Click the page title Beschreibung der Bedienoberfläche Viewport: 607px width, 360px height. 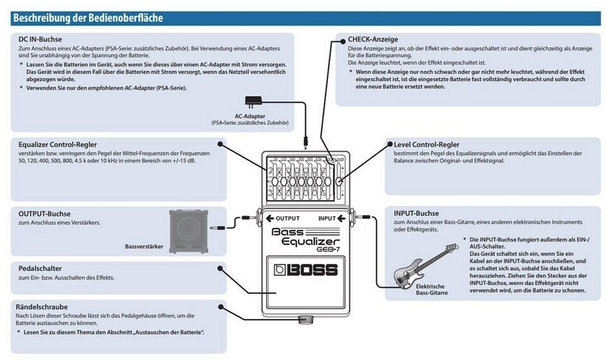(88, 17)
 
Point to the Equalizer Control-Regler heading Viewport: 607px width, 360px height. (58, 145)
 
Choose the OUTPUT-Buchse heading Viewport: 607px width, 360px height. (45, 213)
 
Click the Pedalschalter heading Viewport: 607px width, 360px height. (40, 268)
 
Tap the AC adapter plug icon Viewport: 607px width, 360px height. (253, 102)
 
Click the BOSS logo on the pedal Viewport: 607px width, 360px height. (306, 270)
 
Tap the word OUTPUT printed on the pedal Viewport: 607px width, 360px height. (287, 218)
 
